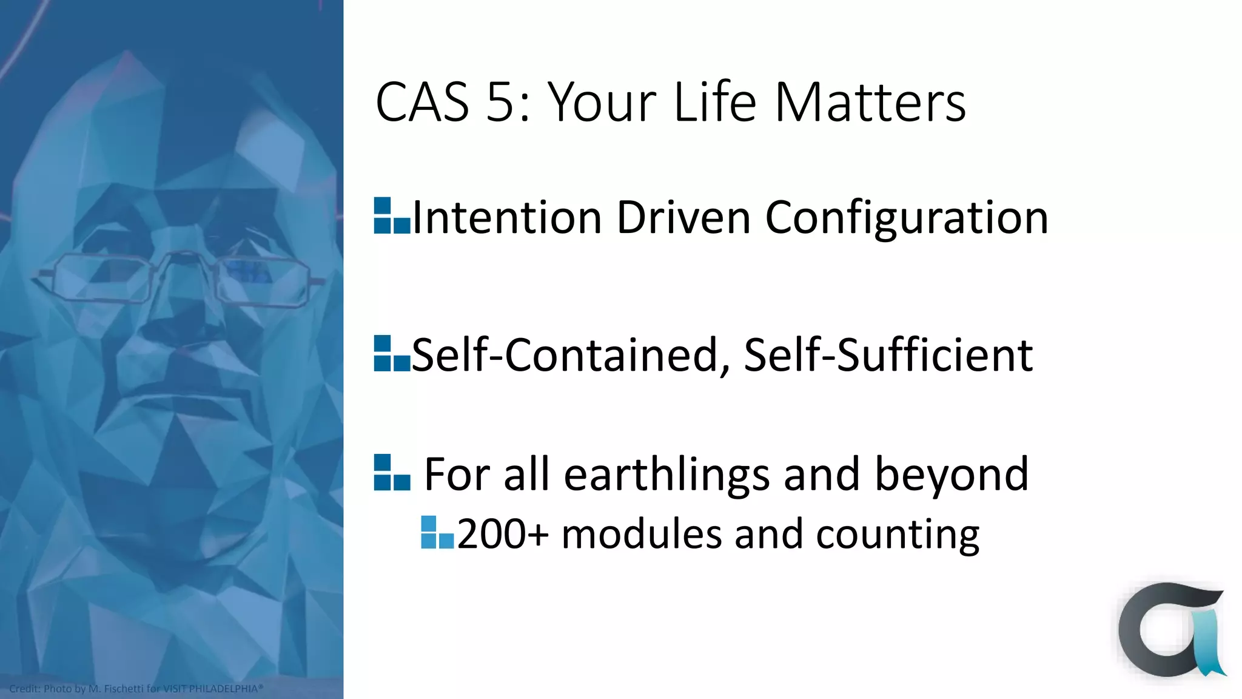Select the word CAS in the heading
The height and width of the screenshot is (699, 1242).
pos(422,102)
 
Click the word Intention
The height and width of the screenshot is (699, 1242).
pos(507,217)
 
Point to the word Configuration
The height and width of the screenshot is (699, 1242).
pos(907,217)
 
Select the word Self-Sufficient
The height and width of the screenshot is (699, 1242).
pos(888,355)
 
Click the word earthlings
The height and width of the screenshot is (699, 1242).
pos(667,474)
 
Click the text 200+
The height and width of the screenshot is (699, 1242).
pos(503,534)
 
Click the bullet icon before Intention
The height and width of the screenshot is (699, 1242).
pos(392,216)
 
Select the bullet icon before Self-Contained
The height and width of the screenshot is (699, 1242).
pos(392,353)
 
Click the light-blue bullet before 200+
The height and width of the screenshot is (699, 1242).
pos(437,532)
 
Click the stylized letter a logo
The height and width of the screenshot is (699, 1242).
pos(1170,631)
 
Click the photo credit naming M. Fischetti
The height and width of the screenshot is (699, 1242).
pos(136,689)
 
